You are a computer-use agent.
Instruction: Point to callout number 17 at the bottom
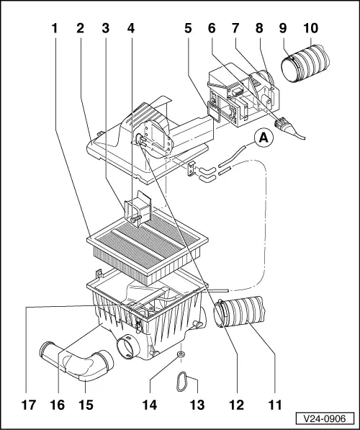[27, 405]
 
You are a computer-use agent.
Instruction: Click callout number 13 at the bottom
[195, 405]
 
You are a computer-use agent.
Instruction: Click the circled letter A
[263, 136]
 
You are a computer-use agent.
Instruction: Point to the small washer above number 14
[180, 355]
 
